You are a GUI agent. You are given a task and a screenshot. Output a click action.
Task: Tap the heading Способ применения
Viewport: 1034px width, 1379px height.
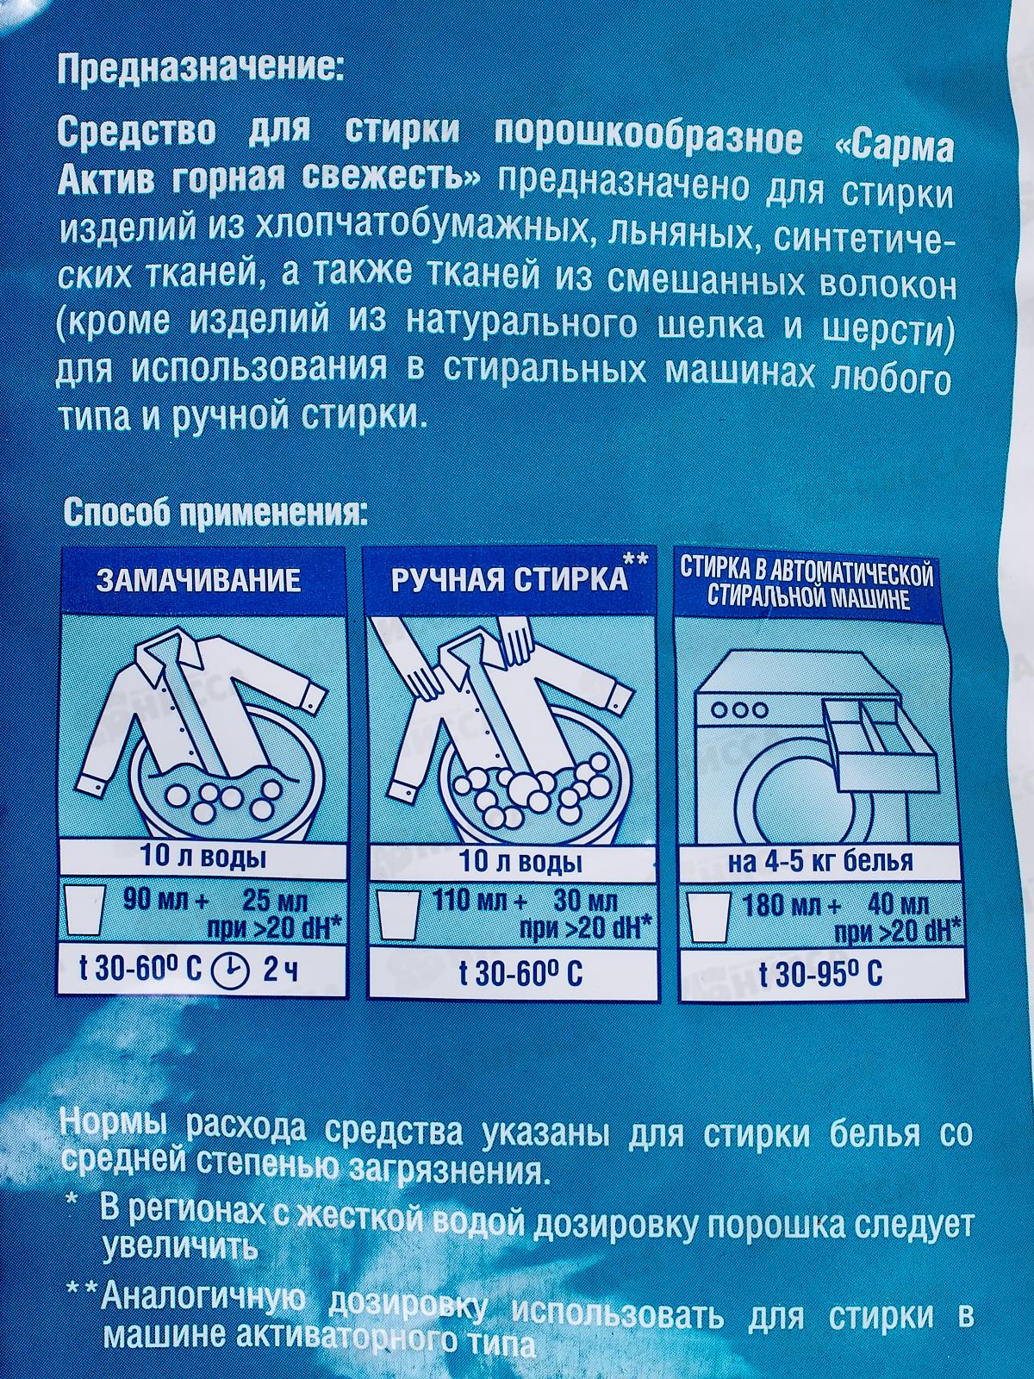coord(215,515)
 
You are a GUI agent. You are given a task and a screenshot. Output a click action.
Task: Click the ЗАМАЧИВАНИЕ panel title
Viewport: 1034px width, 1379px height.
coord(198,579)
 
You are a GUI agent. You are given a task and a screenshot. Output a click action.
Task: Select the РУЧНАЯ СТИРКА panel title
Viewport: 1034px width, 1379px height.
coord(509,579)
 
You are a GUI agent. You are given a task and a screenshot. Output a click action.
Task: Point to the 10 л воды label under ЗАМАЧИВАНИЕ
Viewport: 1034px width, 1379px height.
coord(203,859)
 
